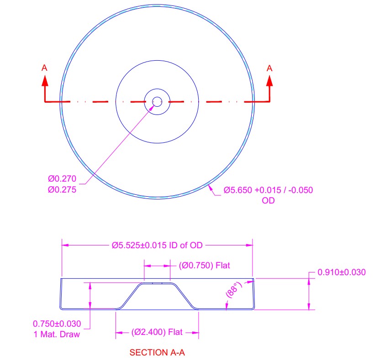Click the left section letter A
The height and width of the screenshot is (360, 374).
(44, 68)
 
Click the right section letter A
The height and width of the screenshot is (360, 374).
(269, 68)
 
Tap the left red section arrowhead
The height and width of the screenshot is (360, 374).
(45, 81)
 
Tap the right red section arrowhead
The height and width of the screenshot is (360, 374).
(269, 81)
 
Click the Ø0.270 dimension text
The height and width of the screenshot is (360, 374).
(62, 179)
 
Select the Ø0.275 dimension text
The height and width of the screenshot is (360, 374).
(62, 190)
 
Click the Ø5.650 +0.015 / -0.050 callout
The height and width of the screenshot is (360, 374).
(268, 190)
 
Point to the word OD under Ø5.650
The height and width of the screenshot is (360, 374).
(268, 201)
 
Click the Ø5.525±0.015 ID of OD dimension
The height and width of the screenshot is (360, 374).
(157, 245)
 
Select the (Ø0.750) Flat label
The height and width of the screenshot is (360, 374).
(205, 266)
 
